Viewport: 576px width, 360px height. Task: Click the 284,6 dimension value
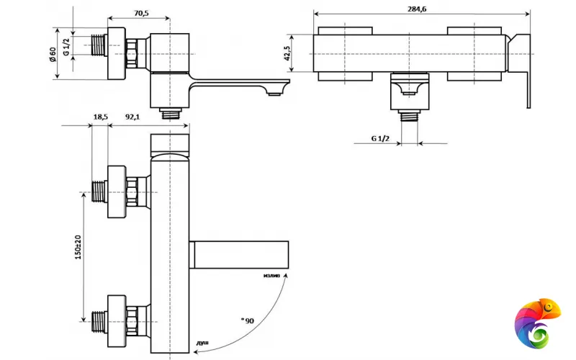pyautogui.click(x=417, y=9)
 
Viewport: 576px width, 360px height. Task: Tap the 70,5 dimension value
pyautogui.click(x=141, y=13)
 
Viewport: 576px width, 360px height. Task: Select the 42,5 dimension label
pyautogui.click(x=287, y=53)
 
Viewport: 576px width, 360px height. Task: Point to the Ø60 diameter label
pyautogui.click(x=53, y=55)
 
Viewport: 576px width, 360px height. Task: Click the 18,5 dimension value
pyautogui.click(x=100, y=117)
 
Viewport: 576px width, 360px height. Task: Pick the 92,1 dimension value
pyautogui.click(x=132, y=117)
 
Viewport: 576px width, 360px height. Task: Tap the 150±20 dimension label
pyautogui.click(x=78, y=247)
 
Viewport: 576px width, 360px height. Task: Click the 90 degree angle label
pyautogui.click(x=248, y=320)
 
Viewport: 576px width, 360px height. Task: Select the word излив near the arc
pyautogui.click(x=272, y=275)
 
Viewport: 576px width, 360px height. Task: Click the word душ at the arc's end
pyautogui.click(x=202, y=343)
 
